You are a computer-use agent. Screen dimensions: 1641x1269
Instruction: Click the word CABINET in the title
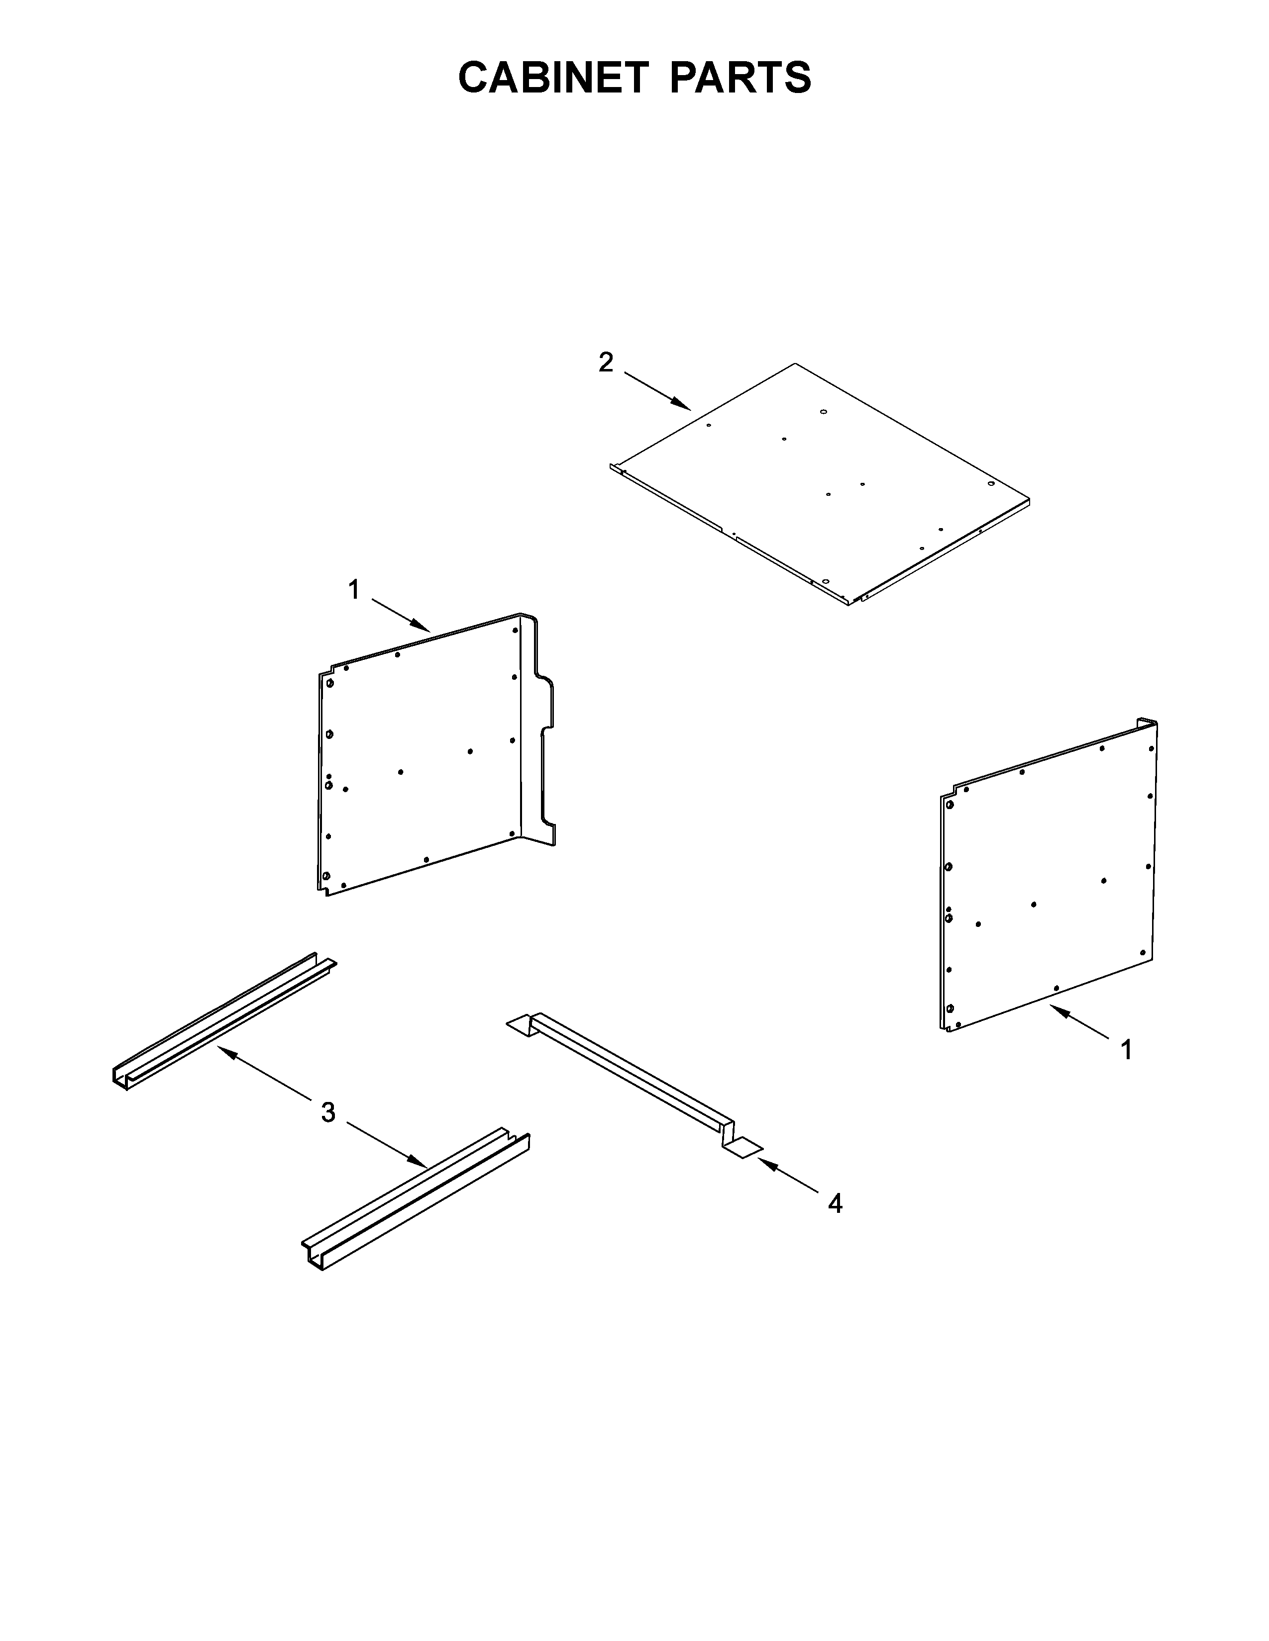(553, 78)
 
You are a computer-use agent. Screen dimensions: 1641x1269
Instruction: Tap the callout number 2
(606, 363)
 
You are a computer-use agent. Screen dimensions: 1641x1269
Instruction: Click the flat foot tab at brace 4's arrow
(743, 1146)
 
